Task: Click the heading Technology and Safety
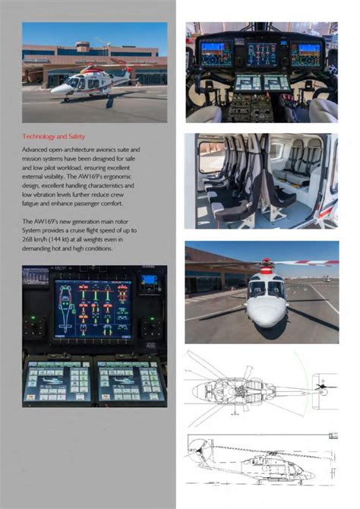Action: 54,136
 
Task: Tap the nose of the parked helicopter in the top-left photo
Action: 54,88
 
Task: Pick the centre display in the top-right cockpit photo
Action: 261,53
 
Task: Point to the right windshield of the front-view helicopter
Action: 276,289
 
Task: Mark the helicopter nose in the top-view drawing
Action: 194,390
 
